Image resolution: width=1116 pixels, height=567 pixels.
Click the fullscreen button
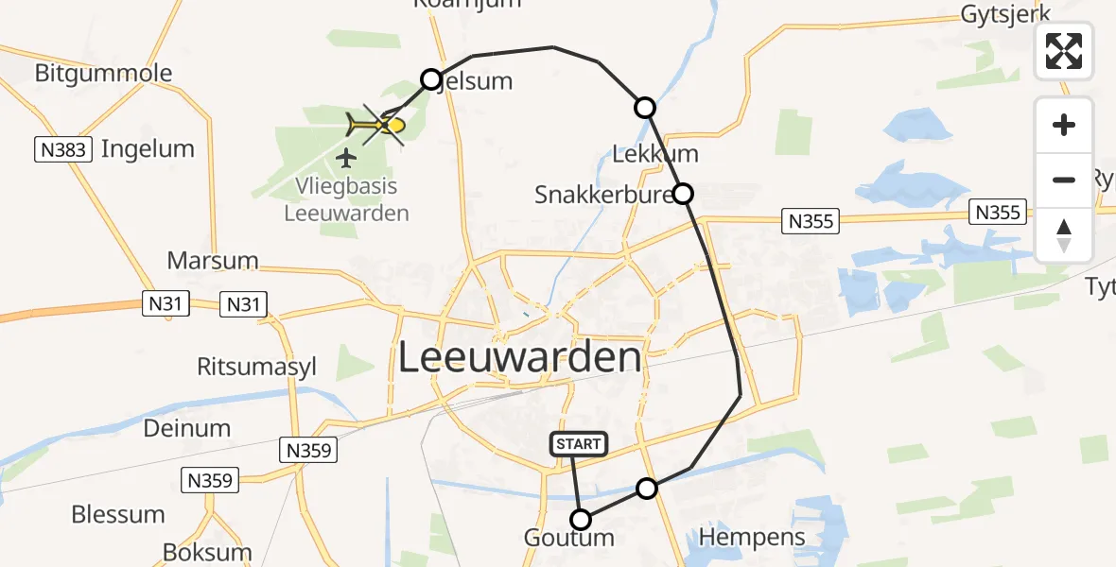(1064, 51)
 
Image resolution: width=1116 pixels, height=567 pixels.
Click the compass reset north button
(1064, 235)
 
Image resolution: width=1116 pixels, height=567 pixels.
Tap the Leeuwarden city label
(519, 358)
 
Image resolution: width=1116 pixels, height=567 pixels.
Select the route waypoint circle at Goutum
(581, 520)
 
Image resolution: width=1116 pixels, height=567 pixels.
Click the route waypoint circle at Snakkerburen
(682, 194)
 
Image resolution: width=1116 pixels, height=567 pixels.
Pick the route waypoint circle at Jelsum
(431, 79)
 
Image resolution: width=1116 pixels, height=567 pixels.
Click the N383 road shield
(62, 149)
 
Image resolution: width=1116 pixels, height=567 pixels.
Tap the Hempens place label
(752, 538)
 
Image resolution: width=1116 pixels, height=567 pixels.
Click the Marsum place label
(213, 260)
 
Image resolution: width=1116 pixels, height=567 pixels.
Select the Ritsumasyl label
(256, 367)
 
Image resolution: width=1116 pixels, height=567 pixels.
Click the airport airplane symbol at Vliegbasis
(347, 156)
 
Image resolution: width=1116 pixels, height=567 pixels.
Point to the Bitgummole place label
(104, 73)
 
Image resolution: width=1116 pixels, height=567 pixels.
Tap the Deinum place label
(187, 428)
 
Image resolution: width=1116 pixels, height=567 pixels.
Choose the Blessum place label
(118, 515)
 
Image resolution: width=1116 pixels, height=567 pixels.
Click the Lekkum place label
(655, 154)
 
